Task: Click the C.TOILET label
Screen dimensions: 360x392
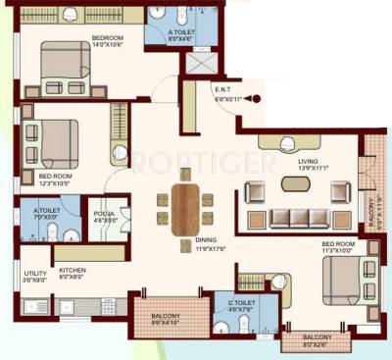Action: (232, 305)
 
